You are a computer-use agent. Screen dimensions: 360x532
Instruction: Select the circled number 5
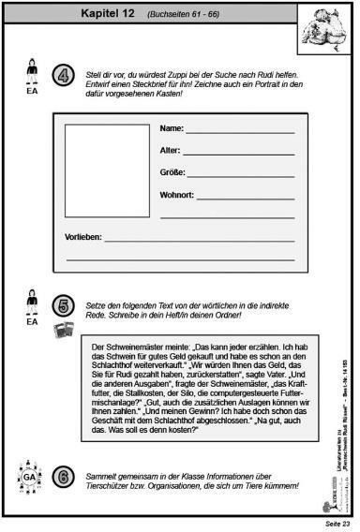63,305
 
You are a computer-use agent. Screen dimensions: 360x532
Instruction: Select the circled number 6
63,478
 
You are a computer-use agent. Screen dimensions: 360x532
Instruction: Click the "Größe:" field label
173,172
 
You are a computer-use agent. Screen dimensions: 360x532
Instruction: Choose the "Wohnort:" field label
177,195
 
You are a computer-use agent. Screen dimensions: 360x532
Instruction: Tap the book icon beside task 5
63,330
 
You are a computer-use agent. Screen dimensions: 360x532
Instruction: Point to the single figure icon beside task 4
33,69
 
